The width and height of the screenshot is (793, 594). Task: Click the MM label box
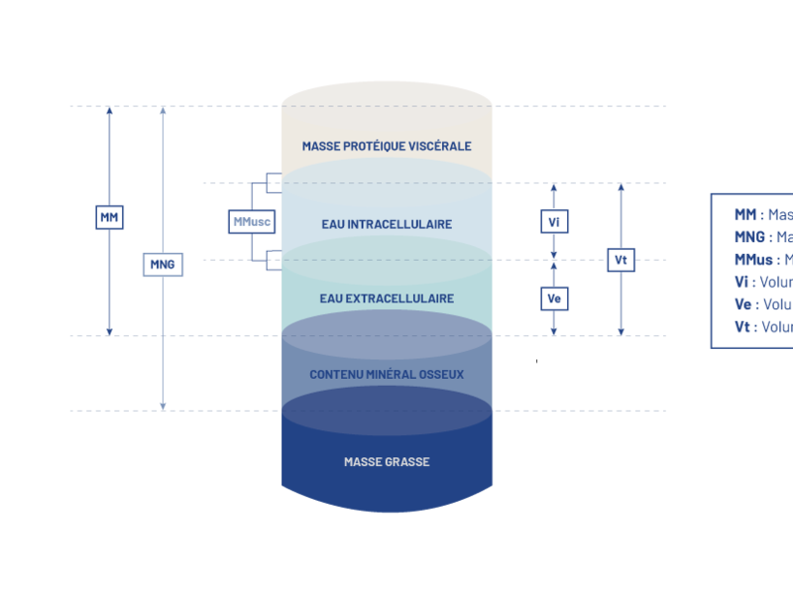point(109,216)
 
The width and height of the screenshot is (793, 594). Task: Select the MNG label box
point(163,264)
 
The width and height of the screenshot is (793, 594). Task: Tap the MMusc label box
point(250,222)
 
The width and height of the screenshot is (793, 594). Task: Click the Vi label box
point(554,221)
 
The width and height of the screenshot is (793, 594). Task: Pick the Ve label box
point(554,297)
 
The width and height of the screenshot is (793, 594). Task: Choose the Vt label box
point(621,260)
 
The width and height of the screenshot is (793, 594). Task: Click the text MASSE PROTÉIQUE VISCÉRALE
point(387,146)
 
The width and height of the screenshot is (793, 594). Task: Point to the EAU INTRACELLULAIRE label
point(387,224)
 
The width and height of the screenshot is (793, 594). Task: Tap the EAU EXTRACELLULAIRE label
point(387,298)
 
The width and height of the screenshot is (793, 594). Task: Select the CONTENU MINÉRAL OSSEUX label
point(387,375)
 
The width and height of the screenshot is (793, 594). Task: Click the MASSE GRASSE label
point(387,462)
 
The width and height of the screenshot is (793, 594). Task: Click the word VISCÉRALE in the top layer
point(440,146)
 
